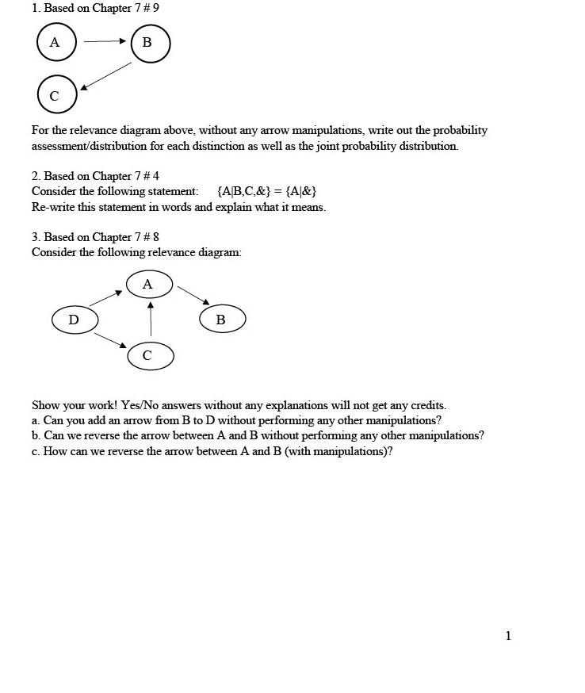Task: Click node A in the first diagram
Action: tap(55, 43)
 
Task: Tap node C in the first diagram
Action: tap(56, 95)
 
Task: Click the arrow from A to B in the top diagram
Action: tap(105, 41)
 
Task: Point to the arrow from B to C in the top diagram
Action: tap(105, 76)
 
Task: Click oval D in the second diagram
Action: tap(75, 320)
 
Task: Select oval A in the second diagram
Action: tap(149, 284)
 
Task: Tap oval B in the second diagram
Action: tap(222, 320)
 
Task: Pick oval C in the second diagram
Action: tap(150, 355)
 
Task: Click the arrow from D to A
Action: tap(106, 298)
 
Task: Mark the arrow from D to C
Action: tap(110, 339)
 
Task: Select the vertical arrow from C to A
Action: tap(150, 318)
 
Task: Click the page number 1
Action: tap(508, 635)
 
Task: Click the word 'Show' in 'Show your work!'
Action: tap(46, 404)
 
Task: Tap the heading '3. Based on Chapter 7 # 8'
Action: tap(95, 237)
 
